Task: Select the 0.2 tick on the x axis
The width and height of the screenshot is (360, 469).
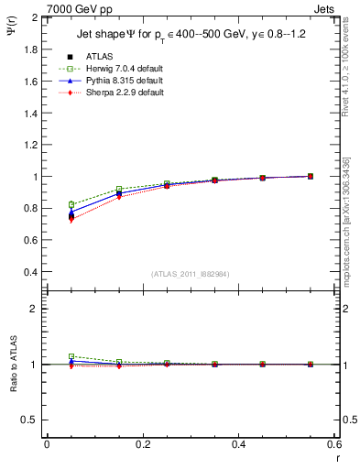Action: [143, 444]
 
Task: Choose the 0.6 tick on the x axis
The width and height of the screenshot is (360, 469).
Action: [334, 444]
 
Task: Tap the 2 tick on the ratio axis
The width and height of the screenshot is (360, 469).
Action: [34, 309]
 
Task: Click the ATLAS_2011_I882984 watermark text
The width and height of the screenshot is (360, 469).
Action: [190, 274]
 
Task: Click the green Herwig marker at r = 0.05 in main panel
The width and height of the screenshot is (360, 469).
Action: [71, 204]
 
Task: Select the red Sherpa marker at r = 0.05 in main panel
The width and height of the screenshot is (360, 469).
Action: [71, 220]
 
